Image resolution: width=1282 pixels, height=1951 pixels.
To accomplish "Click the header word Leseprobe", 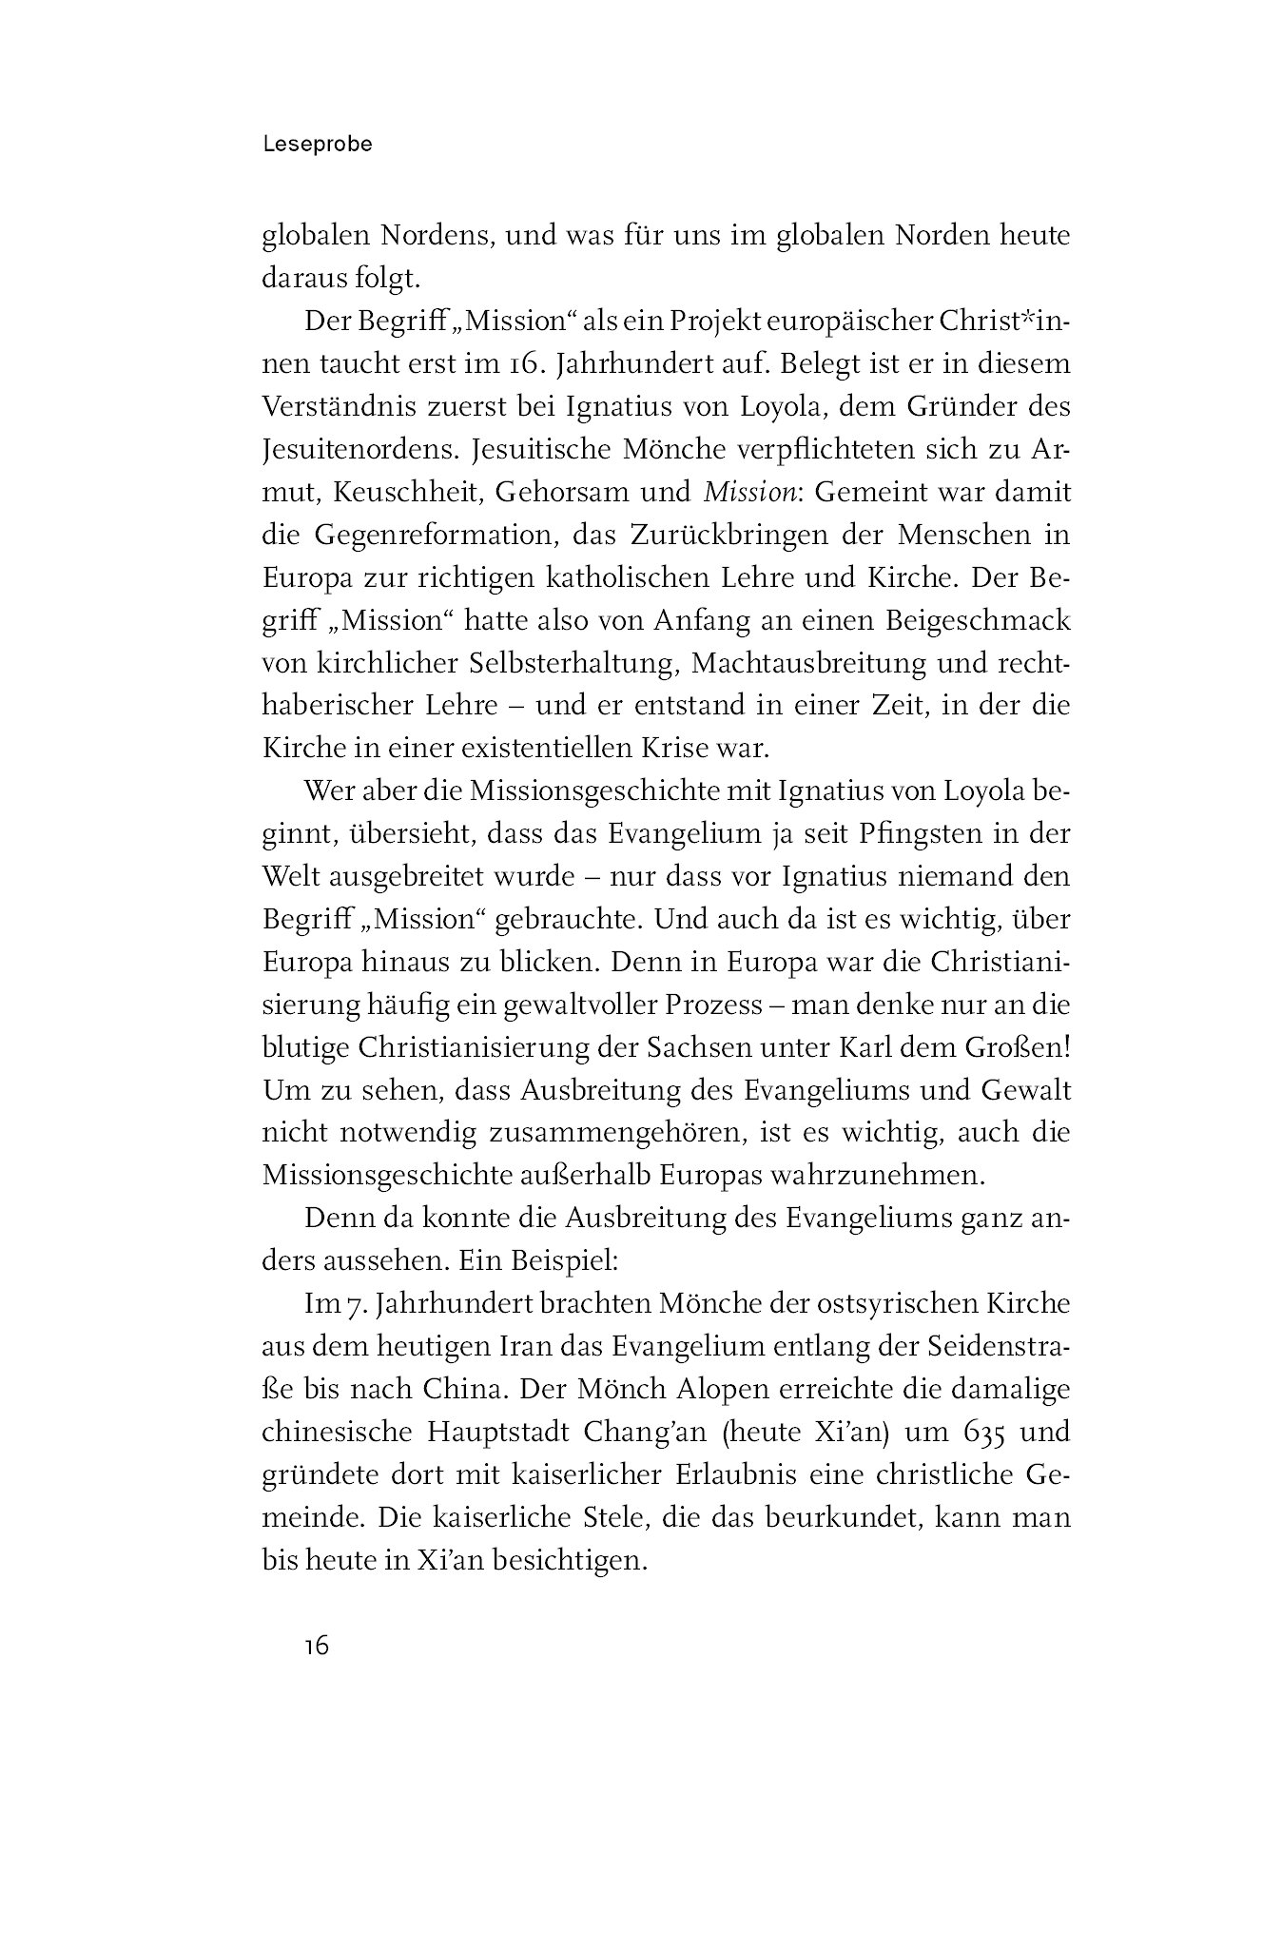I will pos(317,145).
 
